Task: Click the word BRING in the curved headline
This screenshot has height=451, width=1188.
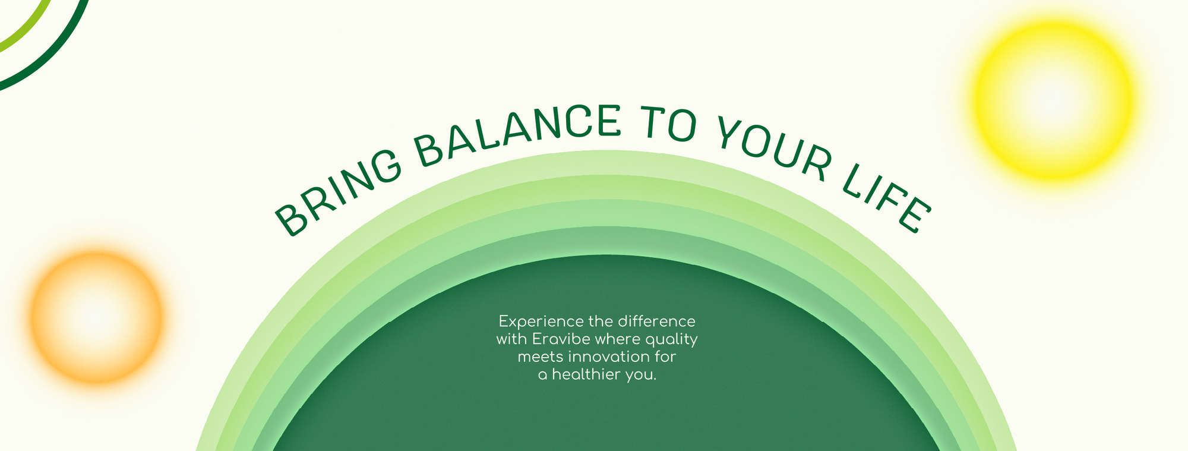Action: [x=337, y=191]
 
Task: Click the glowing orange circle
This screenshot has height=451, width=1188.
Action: [x=96, y=317]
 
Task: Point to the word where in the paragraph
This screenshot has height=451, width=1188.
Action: [x=618, y=339]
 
